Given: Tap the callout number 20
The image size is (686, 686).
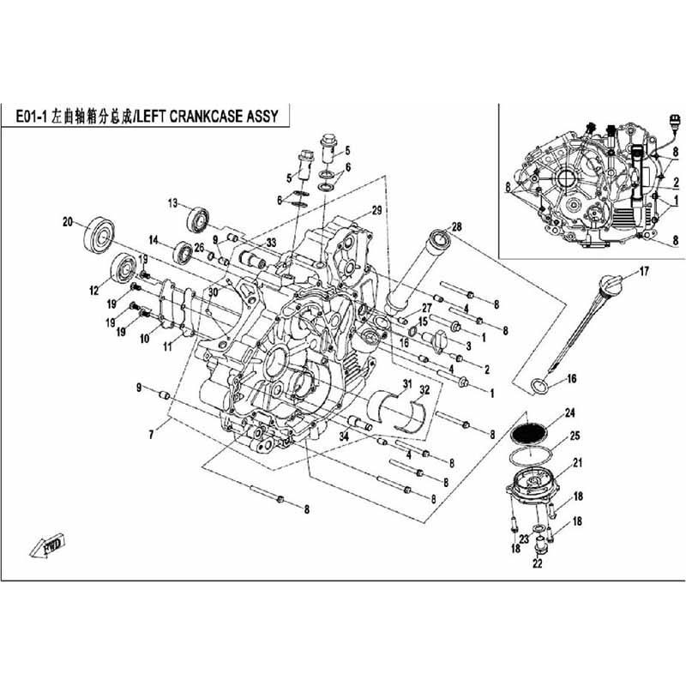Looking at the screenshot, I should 67,221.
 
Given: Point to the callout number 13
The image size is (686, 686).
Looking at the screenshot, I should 172,203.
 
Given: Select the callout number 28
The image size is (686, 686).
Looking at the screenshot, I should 456,226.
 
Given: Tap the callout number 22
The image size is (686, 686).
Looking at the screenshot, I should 538,563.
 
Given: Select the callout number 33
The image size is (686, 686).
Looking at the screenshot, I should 271,243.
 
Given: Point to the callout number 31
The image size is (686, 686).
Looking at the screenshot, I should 408,382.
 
